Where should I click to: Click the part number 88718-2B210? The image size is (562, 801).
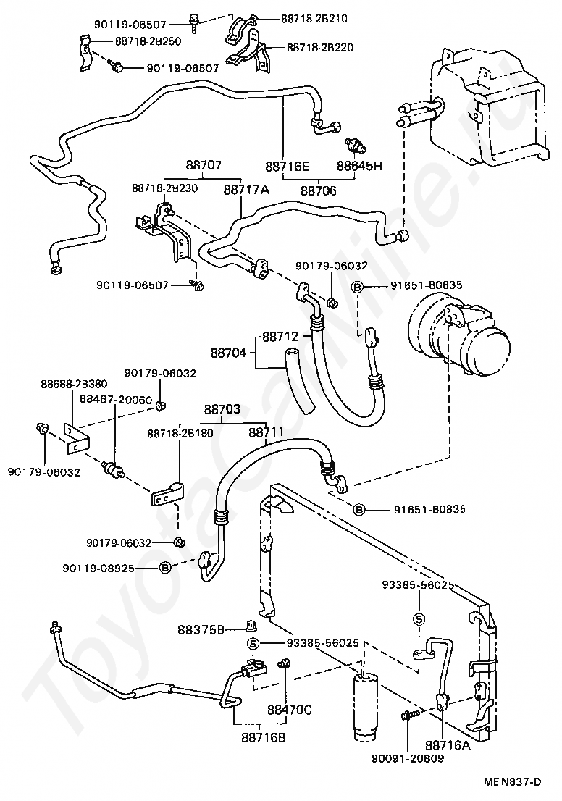click(x=314, y=19)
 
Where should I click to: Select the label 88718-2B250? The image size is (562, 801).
click(x=148, y=41)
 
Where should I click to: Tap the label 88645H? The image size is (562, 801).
click(x=359, y=166)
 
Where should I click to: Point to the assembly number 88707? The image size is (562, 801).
click(x=204, y=165)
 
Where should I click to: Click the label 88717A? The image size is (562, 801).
click(x=246, y=190)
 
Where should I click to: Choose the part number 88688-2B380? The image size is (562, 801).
click(x=74, y=384)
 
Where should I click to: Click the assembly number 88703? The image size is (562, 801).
click(x=222, y=409)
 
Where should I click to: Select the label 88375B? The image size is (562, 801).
click(x=201, y=630)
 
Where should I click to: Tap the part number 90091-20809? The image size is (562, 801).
click(x=408, y=758)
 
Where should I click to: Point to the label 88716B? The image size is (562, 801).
click(x=263, y=738)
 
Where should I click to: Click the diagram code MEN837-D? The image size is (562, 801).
click(x=513, y=781)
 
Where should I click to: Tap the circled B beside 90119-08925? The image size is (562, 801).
click(x=165, y=568)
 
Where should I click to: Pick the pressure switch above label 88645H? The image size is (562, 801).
click(x=356, y=144)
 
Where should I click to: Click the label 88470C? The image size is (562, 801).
click(x=289, y=710)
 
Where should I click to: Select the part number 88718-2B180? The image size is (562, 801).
click(x=180, y=433)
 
